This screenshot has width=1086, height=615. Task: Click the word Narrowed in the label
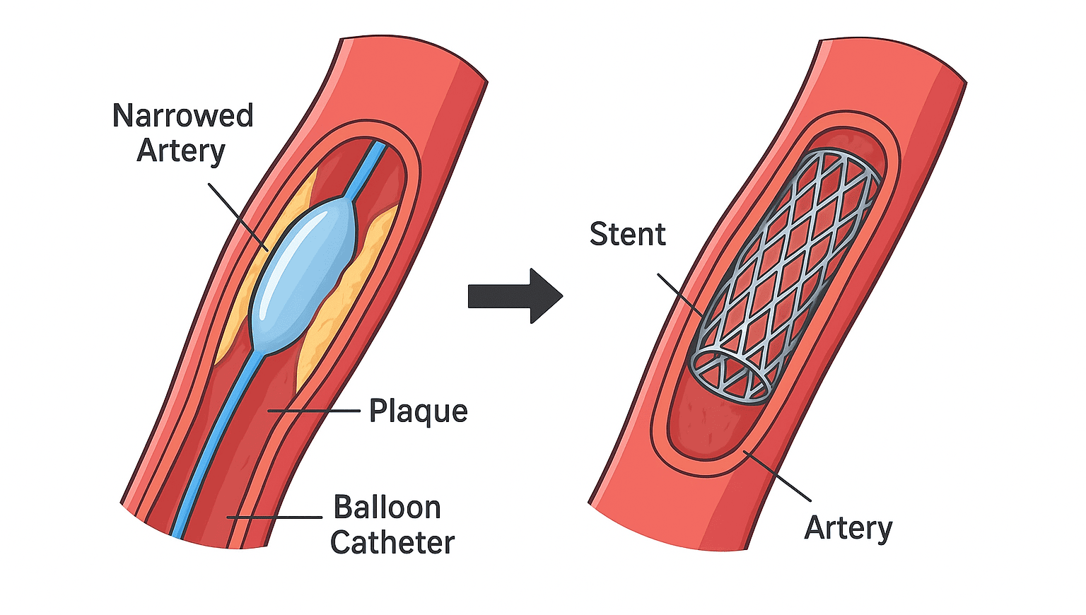(182, 116)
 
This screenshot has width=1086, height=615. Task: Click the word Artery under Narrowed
(180, 151)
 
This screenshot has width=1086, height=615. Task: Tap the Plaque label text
(418, 411)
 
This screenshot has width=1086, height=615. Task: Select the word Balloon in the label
(387, 508)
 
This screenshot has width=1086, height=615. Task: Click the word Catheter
(392, 543)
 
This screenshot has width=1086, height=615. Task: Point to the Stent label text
(627, 234)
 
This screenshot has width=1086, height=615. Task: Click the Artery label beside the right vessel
(848, 528)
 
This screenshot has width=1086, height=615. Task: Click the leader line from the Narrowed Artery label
(237, 216)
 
